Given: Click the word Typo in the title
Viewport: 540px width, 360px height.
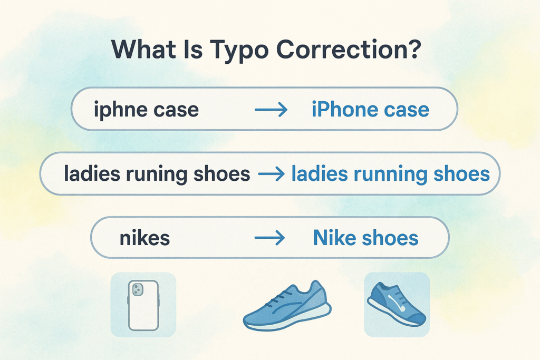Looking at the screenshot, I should pyautogui.click(x=240, y=51).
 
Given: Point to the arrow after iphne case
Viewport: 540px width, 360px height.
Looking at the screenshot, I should pyautogui.click(x=271, y=110).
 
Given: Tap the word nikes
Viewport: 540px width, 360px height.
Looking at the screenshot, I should pyautogui.click(x=145, y=238).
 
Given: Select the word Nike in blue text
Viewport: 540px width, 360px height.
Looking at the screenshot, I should pyautogui.click(x=335, y=238).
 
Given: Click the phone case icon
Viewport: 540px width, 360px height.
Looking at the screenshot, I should pyautogui.click(x=143, y=305).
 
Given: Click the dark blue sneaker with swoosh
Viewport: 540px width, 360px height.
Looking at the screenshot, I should pyautogui.click(x=397, y=304).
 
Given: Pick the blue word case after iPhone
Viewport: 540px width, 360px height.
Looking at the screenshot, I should pyautogui.click(x=407, y=110).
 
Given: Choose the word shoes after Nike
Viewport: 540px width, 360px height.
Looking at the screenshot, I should pyautogui.click(x=394, y=238).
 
